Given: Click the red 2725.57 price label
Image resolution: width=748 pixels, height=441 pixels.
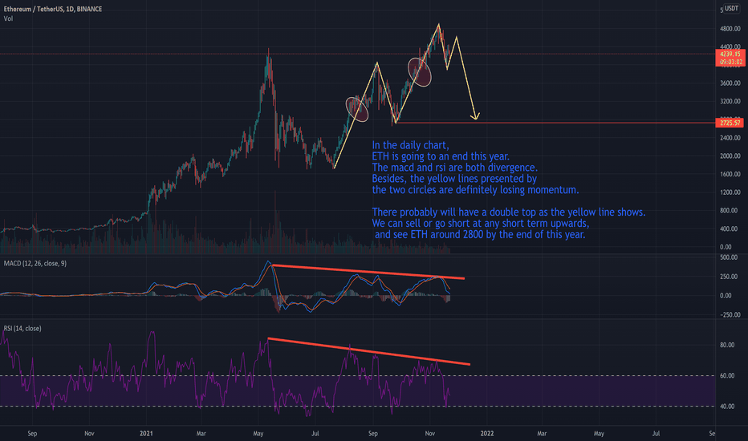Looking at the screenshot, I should click(x=730, y=123).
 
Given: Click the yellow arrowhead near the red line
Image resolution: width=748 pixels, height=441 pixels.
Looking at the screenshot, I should click(x=475, y=117).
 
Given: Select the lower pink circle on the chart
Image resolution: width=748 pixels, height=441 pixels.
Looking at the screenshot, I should click(x=357, y=108).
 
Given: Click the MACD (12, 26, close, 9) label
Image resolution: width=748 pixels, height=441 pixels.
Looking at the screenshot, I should click(x=35, y=264).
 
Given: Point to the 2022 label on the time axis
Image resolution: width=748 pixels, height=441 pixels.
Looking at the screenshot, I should click(x=486, y=433).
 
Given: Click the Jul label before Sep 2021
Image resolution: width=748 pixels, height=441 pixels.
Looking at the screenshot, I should click(x=316, y=433).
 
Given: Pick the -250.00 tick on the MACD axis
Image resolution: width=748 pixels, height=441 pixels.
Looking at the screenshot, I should click(x=729, y=314).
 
